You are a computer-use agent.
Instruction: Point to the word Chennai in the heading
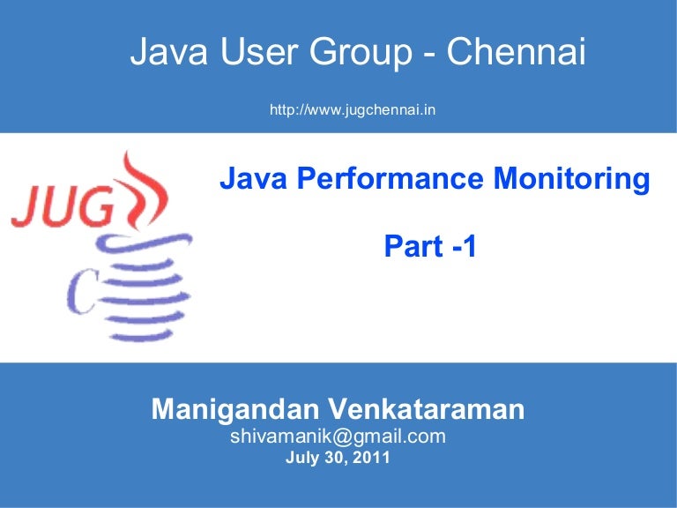pos(517,54)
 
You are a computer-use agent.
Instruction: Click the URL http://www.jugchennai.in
pos(353,110)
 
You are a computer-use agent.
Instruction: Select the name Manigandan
pos(235,409)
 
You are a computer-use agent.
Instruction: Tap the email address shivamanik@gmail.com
pos(338,437)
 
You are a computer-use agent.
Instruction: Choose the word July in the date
pos(302,459)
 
